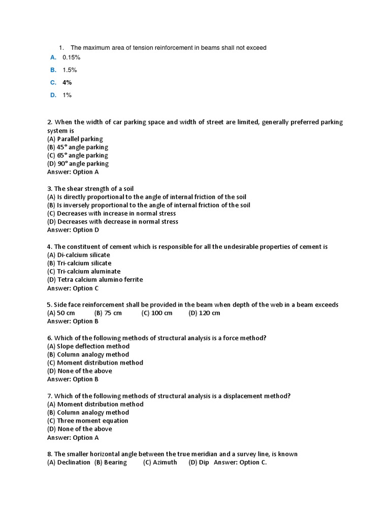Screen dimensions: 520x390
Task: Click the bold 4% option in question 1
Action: click(67, 82)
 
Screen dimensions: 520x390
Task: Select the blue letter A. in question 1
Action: click(53, 57)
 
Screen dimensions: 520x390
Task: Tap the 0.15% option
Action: click(72, 57)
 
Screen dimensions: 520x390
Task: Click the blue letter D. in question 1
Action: click(53, 95)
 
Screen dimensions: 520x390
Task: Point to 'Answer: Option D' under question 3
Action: click(73, 230)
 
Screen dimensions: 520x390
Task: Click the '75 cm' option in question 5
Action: click(108, 313)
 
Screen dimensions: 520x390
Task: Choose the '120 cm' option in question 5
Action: click(204, 313)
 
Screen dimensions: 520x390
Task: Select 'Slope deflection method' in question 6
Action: click(88, 346)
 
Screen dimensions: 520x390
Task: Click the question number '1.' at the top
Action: click(61, 48)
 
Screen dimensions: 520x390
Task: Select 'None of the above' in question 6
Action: click(80, 371)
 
